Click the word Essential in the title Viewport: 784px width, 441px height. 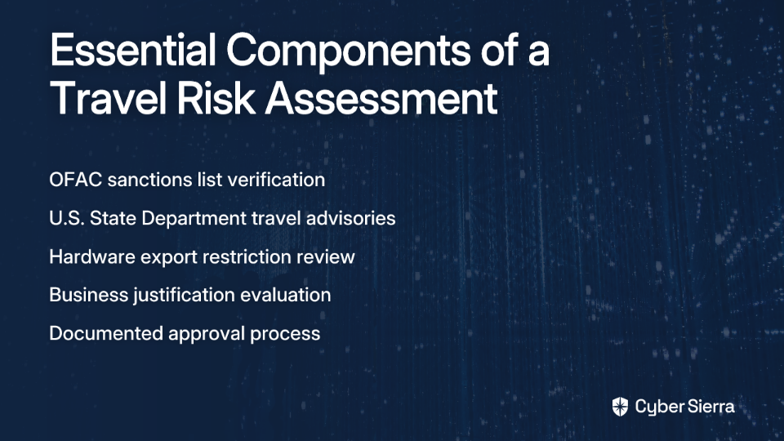[133, 50]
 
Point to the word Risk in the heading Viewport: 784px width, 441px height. [216, 97]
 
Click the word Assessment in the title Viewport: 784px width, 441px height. [381, 97]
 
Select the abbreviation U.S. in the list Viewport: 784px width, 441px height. [67, 219]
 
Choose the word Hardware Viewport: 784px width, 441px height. [92, 257]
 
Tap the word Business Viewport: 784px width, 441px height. [88, 295]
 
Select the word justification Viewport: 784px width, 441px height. [184, 296]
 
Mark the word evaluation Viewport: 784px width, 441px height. [286, 295]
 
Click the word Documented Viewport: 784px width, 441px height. [106, 333]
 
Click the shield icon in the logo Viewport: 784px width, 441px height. [620, 407]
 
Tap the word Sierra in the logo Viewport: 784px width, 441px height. [710, 407]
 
